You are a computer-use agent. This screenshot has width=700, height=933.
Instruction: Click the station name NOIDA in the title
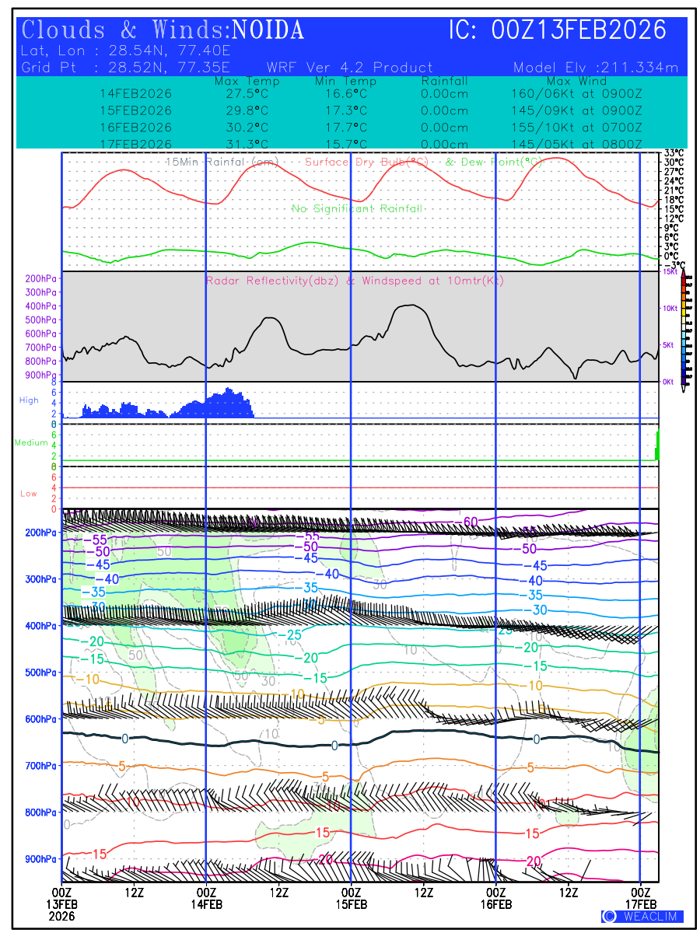click(x=268, y=30)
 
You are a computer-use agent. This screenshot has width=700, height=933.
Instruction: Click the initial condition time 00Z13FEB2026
click(x=579, y=30)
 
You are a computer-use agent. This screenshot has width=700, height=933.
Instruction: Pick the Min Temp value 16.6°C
click(x=346, y=93)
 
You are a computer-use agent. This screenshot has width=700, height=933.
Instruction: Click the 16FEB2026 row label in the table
click(x=136, y=128)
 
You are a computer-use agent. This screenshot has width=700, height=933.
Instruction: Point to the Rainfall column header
click(x=444, y=81)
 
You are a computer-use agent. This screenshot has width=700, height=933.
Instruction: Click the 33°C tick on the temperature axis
click(x=674, y=153)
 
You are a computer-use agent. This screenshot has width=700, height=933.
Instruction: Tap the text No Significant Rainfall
click(x=357, y=208)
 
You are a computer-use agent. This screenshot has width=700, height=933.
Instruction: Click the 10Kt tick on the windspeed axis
click(x=669, y=309)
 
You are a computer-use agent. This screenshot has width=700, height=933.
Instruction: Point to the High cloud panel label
click(x=29, y=400)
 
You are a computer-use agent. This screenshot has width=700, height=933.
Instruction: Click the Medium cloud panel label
click(x=31, y=442)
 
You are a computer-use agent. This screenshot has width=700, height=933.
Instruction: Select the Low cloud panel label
click(x=29, y=494)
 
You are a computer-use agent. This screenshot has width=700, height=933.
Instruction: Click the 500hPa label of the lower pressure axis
click(x=40, y=673)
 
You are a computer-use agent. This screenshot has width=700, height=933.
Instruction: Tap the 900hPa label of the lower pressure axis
click(x=40, y=859)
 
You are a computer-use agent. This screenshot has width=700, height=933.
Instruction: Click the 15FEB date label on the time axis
click(x=351, y=904)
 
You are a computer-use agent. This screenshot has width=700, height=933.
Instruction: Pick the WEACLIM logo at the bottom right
click(x=642, y=917)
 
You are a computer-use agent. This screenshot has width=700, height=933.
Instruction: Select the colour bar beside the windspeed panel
click(x=684, y=327)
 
